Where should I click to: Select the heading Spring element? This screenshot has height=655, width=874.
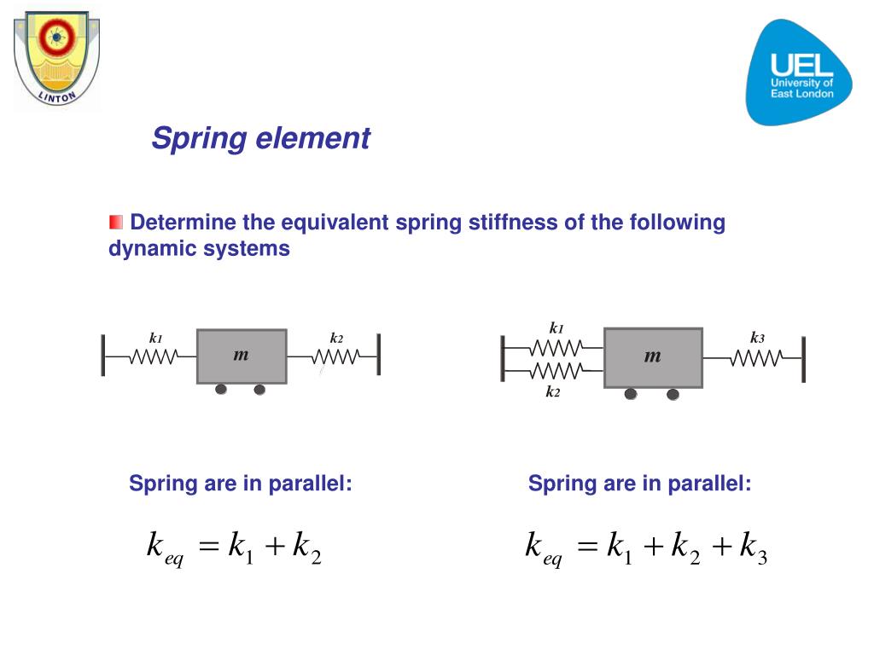pos(260,138)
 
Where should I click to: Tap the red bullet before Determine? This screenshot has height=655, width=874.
pos(116,223)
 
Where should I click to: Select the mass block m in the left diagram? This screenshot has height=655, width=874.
pos(242,356)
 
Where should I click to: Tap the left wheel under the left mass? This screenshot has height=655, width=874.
pos(221,390)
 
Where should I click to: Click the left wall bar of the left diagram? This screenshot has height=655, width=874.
pos(103,356)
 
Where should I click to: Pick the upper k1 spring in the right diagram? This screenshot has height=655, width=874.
pos(556,347)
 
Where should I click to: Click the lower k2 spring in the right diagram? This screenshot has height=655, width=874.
pos(556,370)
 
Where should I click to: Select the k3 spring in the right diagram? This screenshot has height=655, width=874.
pos(756,359)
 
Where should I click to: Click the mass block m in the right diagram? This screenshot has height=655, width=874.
pos(653,356)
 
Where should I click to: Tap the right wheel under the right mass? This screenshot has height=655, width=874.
pos(673,394)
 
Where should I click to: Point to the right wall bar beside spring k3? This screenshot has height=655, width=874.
pos(803,359)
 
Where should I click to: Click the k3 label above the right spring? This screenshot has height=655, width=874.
pos(757,338)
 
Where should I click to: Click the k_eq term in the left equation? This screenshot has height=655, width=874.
pos(166,548)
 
